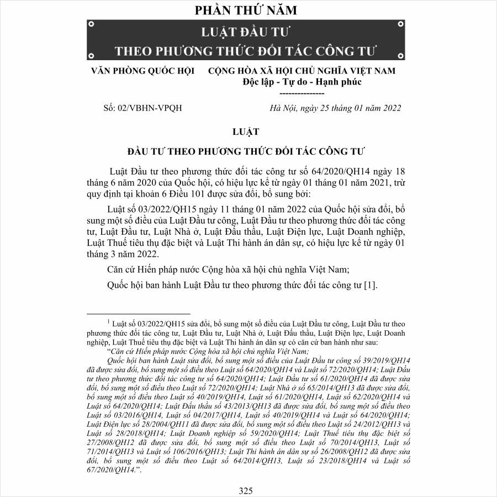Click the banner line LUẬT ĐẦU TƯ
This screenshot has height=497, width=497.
pos(246,30)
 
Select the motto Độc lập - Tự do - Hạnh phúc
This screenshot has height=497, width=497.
pos(302,82)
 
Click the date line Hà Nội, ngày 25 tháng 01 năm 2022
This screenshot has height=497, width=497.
pos(335,108)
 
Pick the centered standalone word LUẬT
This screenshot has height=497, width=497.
pos(246,131)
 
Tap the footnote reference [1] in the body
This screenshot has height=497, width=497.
pos(370,285)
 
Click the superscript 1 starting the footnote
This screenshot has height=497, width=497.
pos(109,320)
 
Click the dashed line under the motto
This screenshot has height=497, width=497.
pos(302,93)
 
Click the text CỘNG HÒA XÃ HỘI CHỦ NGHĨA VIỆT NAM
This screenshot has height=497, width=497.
pos(302,71)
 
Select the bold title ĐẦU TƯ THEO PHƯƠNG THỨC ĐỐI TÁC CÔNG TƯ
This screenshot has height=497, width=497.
pos(246,151)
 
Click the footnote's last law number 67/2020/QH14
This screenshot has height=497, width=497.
pos(113,469)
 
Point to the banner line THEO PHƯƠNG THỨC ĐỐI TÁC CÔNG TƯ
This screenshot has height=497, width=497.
pos(246,51)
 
